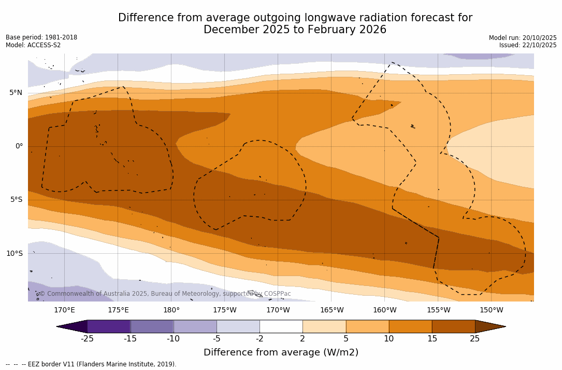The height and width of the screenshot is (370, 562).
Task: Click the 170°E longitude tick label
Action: coord(64,310)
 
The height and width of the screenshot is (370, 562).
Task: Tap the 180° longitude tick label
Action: coord(171,310)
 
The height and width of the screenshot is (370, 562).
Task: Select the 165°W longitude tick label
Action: coord(332,310)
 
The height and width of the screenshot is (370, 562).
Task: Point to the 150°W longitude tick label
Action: coord(491,310)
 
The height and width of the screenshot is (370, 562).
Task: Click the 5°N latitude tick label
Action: coord(16,93)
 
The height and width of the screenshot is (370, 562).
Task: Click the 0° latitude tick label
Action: coord(19,146)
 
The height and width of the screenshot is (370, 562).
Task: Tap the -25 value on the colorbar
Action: coord(87,339)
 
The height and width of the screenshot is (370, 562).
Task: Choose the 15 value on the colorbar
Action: coord(431,339)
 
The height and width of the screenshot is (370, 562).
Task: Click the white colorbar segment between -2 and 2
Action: coord(281,326)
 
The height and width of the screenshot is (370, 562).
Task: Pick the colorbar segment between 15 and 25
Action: coord(453,326)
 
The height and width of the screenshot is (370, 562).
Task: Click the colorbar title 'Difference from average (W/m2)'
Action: coord(281,353)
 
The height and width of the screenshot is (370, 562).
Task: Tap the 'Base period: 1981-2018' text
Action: coord(41,37)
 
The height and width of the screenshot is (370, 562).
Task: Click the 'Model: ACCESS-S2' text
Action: coord(33,45)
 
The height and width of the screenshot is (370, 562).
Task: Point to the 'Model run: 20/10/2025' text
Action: coord(523,38)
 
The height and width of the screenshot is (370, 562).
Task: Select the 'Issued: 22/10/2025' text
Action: coord(528,45)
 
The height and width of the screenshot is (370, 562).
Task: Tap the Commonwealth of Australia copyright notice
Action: coord(165,294)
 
